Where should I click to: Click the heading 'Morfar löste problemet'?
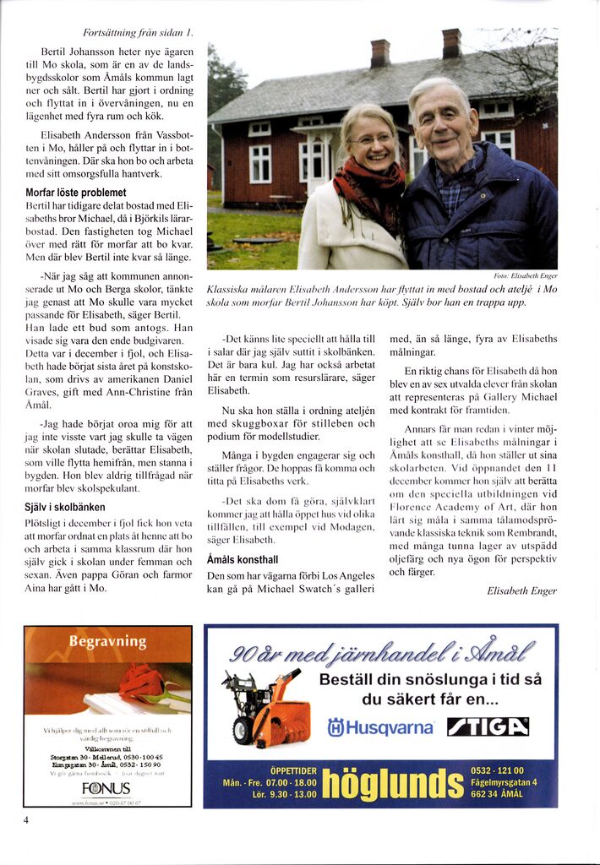click(x=76, y=193)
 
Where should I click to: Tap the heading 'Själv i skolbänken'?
click(x=65, y=508)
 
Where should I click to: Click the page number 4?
click(x=27, y=819)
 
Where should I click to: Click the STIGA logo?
click(x=488, y=726)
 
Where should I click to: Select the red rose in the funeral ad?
click(x=144, y=682)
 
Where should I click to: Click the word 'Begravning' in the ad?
click(x=107, y=642)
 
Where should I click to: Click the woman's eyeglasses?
click(x=373, y=139)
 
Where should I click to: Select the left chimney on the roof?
click(x=380, y=53)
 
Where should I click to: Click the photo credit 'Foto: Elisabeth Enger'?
click(x=525, y=275)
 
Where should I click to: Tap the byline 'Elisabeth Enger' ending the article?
click(x=522, y=591)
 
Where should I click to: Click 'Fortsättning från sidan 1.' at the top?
click(x=139, y=34)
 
